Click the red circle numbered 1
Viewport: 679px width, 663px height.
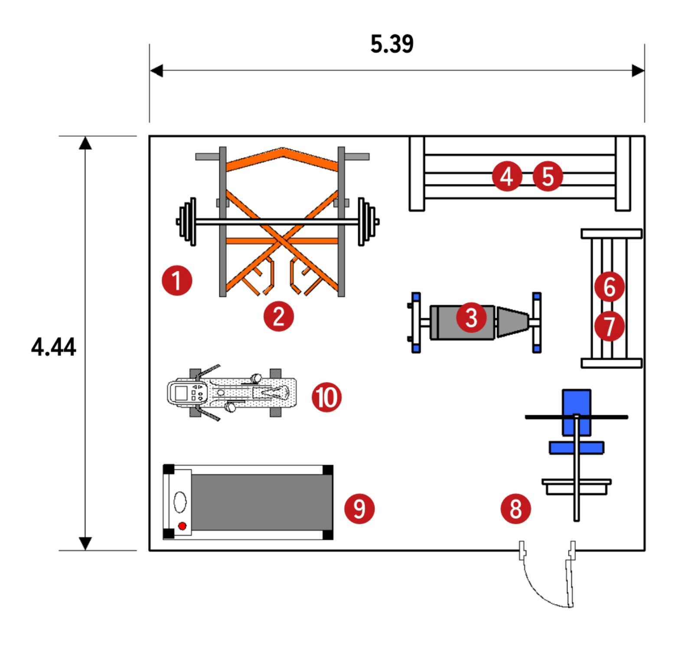[x=177, y=281]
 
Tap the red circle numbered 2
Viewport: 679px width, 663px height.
[x=279, y=316]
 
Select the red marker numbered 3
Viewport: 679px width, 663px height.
[x=471, y=318]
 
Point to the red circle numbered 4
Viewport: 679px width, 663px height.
[x=507, y=176]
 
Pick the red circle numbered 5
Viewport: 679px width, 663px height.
[x=548, y=176]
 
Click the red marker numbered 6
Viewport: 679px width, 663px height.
[x=609, y=287]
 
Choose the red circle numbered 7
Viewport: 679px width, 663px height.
[x=609, y=326]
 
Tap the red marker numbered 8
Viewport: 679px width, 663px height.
[x=516, y=509]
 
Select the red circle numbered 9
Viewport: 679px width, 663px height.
[x=359, y=509]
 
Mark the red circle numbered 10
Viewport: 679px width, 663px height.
[x=326, y=397]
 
